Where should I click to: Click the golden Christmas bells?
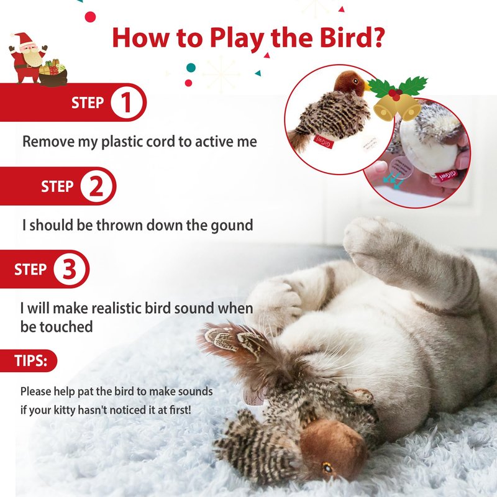[396, 107]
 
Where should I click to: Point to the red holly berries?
[395, 94]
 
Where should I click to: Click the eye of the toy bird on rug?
[327, 467]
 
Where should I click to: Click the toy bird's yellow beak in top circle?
[368, 86]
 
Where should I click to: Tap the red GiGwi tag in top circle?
[323, 142]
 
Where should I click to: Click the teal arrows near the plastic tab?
[393, 180]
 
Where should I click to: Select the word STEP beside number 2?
[57, 186]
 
